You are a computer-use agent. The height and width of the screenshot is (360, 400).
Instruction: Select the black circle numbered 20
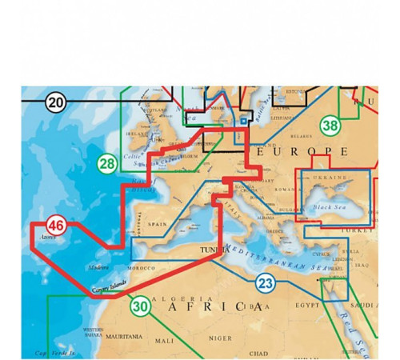[55, 102]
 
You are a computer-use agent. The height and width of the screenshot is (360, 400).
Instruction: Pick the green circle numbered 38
[329, 125]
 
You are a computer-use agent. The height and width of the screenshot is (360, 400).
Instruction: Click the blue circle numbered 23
[266, 283]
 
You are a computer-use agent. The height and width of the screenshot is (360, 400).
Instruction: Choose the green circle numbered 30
[141, 305]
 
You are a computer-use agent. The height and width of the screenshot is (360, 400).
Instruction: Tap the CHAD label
[258, 352]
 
